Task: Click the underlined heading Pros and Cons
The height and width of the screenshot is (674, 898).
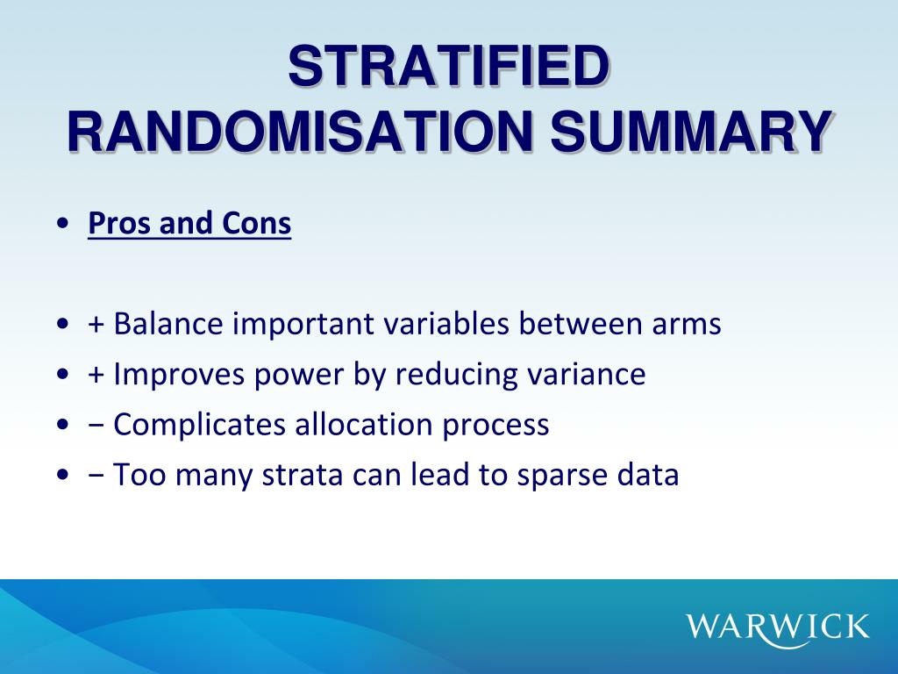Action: (189, 224)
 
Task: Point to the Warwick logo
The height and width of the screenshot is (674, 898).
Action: (778, 627)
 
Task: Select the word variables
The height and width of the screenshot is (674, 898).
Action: (448, 324)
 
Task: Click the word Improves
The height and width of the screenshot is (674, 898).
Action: (182, 375)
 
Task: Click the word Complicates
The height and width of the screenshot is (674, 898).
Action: (201, 426)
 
